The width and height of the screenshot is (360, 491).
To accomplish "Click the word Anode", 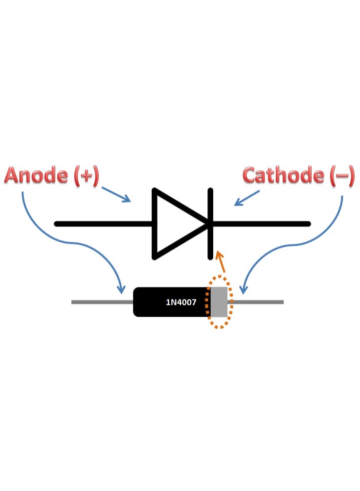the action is click(36, 175).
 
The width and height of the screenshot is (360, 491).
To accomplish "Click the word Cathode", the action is click(283, 175).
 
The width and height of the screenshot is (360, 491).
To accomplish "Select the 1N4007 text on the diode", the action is click(181, 302).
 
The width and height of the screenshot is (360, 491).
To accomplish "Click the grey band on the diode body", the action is click(219, 302).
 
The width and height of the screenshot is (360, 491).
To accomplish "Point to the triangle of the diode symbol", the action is click(180, 224).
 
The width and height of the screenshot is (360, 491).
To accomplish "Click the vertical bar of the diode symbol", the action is click(210, 224).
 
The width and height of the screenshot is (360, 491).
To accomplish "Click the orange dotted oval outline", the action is click(205, 302).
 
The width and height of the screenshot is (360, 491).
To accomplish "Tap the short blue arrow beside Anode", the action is click(116, 194).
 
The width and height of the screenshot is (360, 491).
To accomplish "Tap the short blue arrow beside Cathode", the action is click(247, 198).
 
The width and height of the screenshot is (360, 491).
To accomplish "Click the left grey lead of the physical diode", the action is click(102, 302).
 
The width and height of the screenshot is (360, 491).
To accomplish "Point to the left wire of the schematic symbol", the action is click(103, 224).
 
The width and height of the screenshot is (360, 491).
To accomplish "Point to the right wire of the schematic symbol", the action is click(262, 224).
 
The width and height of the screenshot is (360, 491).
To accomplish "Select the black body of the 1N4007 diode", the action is click(172, 302).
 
